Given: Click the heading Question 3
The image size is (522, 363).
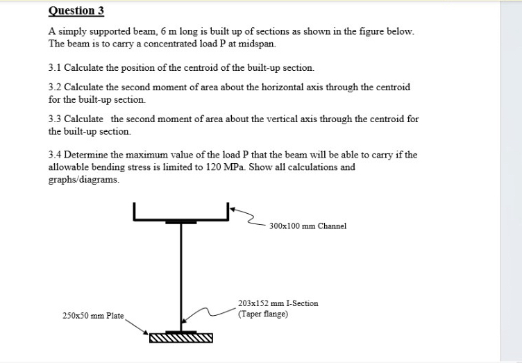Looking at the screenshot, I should pos(76,10).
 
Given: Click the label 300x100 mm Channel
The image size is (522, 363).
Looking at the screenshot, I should pos(308,226).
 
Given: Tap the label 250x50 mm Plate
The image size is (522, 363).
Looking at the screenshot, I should pos(93,316).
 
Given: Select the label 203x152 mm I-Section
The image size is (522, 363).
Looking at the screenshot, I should pos(278,303).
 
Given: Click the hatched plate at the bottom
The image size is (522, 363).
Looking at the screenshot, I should pos(181,339).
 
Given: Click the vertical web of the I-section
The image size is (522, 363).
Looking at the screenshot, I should pos(181,278).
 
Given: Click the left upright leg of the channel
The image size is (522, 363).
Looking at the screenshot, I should pos(135,211).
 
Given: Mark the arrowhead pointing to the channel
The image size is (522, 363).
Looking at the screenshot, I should pos(233,207).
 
